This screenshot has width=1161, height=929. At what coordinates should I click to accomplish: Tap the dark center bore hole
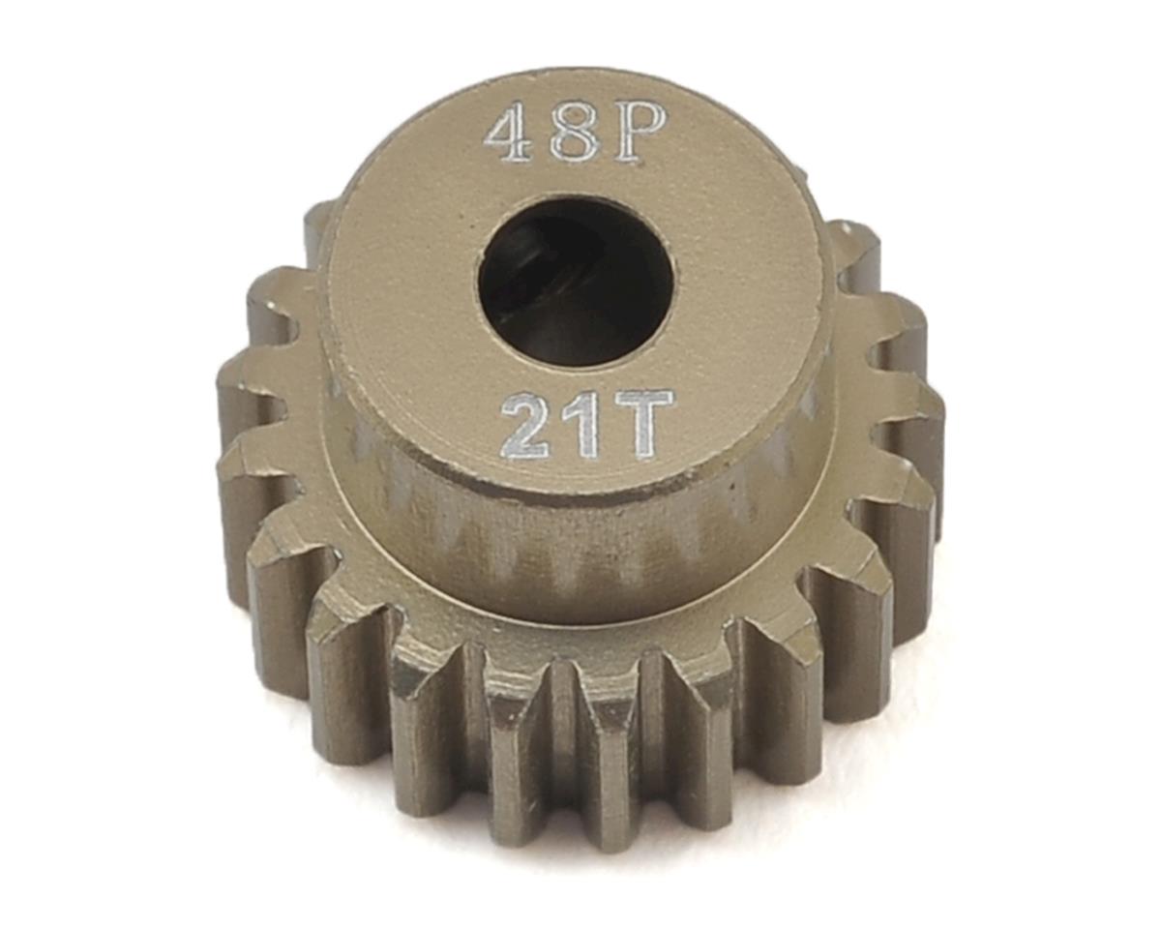click(x=574, y=283)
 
